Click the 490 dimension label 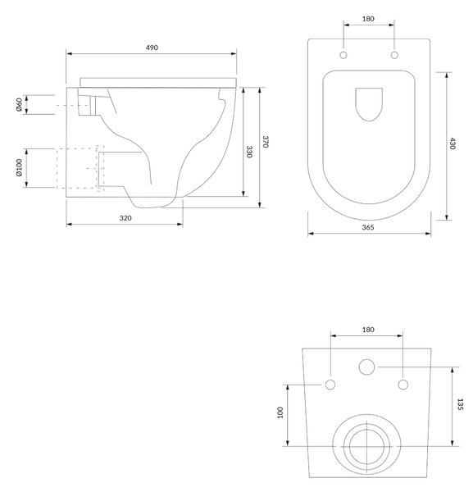point(152,48)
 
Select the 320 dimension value point(125,218)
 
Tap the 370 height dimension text point(266,142)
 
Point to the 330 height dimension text point(249,152)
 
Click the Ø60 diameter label point(19,105)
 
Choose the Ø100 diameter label point(19,168)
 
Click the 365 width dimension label point(368,227)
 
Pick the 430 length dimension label point(453,143)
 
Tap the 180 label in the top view point(368,19)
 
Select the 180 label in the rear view point(368,330)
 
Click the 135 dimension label point(460,404)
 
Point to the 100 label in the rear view point(280,412)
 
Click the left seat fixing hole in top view point(343,55)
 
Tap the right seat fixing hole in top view point(394,55)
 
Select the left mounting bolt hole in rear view point(330,385)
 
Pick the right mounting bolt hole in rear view point(403,385)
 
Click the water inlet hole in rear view point(366,367)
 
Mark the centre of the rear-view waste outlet point(366,446)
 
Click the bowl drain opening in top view point(369,104)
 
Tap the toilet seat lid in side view point(158,83)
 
